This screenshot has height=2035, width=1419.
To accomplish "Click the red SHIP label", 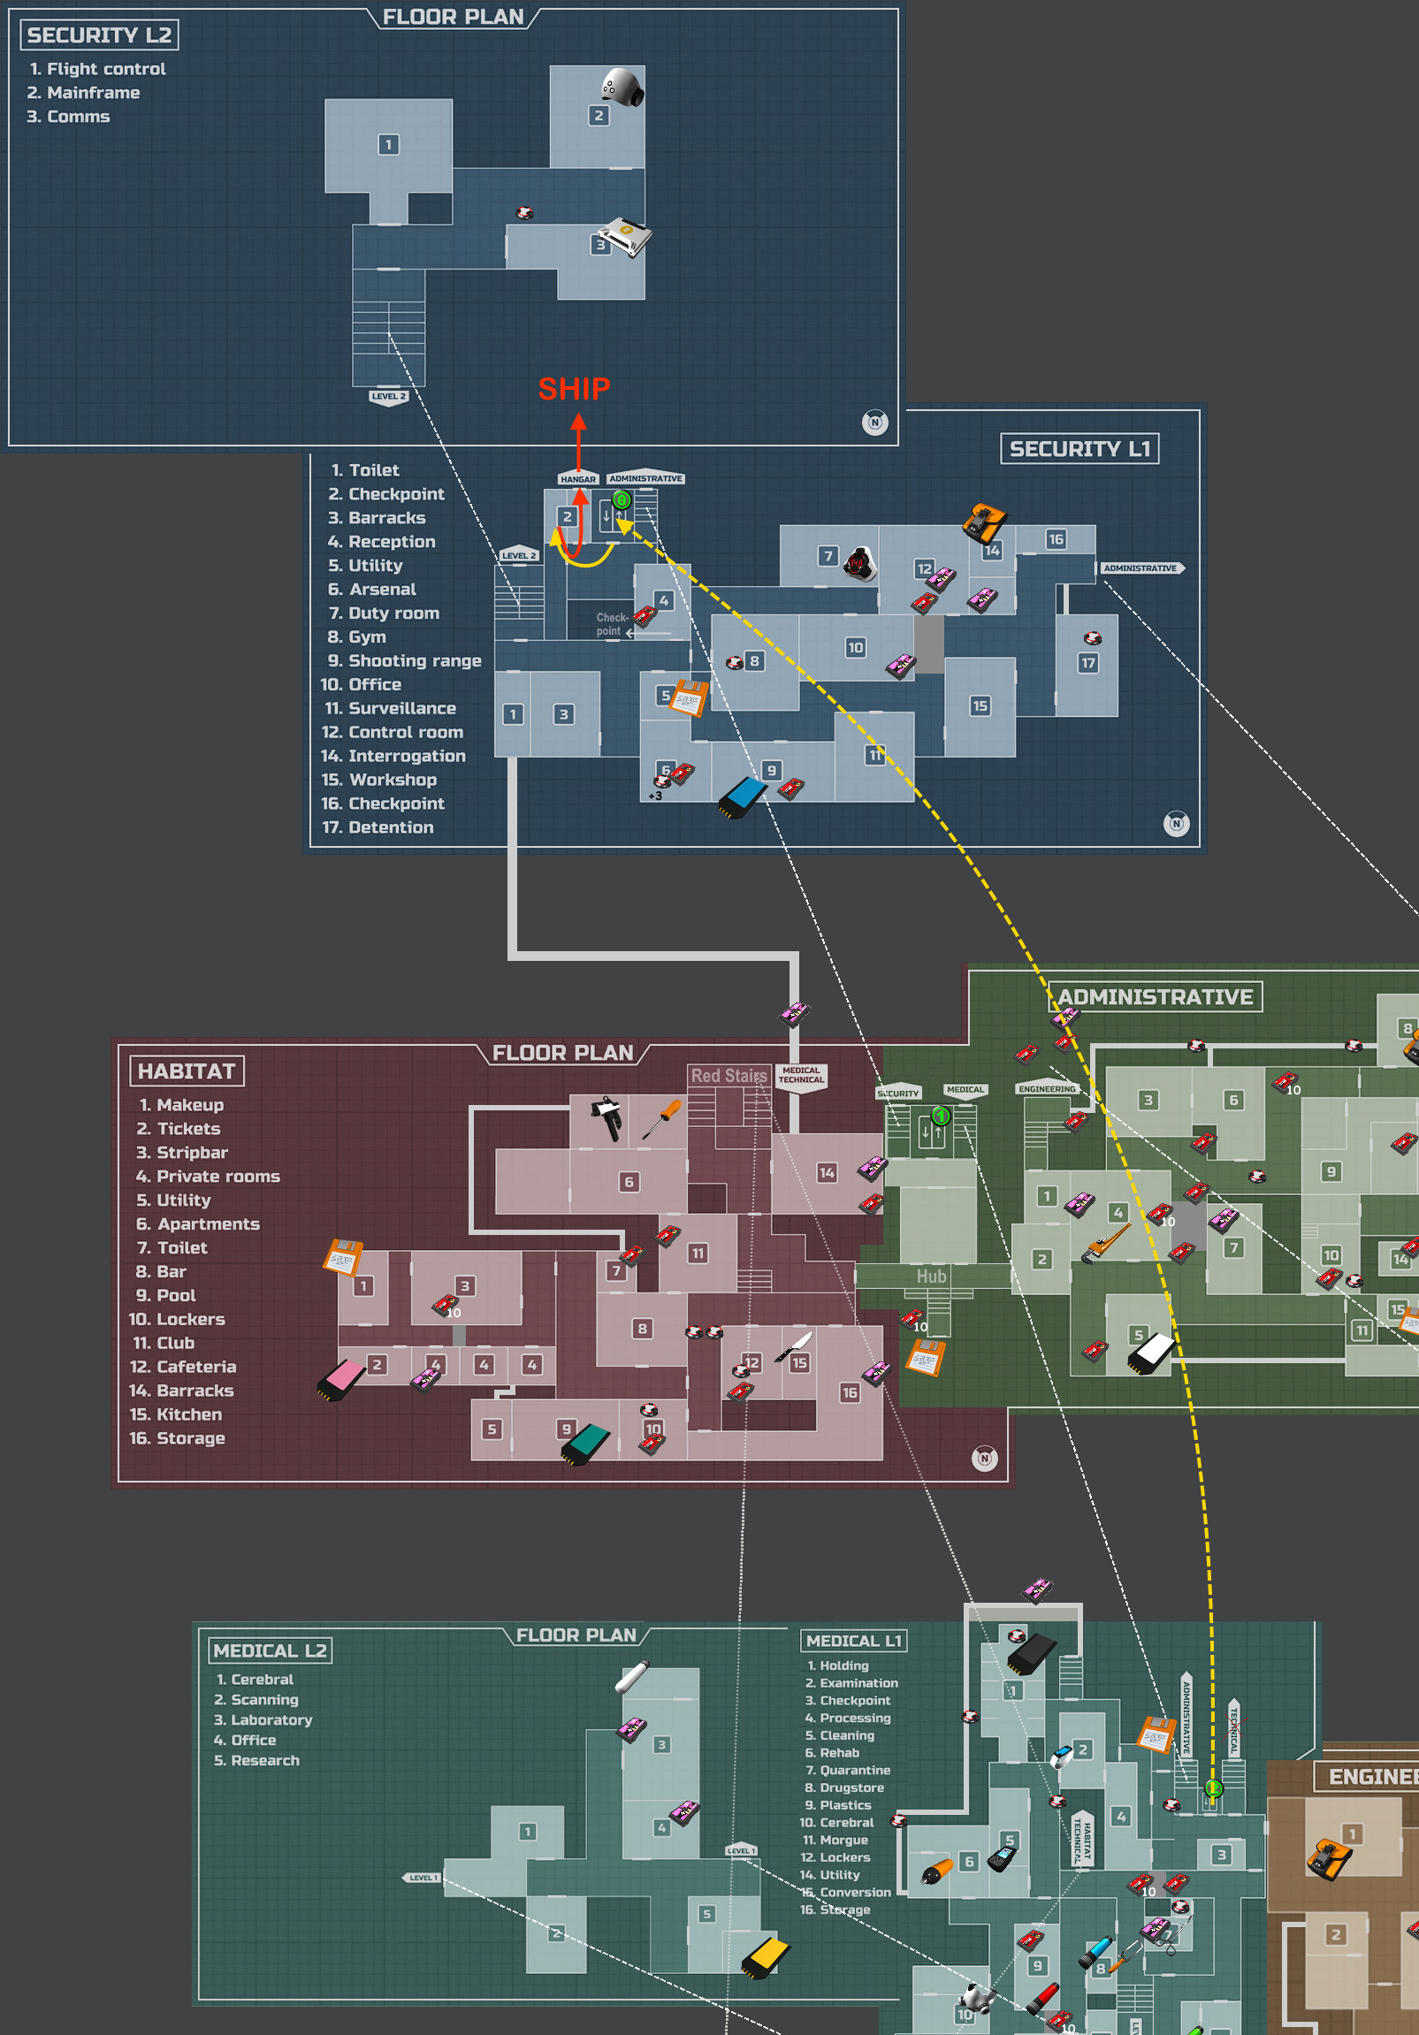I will [575, 389].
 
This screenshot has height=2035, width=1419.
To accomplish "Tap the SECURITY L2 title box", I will [99, 35].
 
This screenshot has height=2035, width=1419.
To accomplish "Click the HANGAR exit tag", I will [578, 479].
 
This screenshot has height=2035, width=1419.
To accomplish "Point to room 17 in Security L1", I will [1087, 663].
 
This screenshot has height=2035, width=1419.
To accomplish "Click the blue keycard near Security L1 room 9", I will [743, 796].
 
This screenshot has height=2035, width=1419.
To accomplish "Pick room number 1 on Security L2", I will [388, 144].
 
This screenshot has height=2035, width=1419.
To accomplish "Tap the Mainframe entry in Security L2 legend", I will [92, 93].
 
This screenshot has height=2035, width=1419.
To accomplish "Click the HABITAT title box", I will [187, 1071].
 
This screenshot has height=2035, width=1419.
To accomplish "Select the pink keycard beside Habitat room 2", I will [341, 1379].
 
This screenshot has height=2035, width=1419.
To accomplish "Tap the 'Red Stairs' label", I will [729, 1075].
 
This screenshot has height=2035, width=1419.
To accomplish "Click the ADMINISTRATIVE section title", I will [1155, 997].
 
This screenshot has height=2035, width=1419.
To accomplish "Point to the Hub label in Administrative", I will [931, 1277].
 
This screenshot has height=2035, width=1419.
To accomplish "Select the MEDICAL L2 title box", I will [270, 1650].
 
